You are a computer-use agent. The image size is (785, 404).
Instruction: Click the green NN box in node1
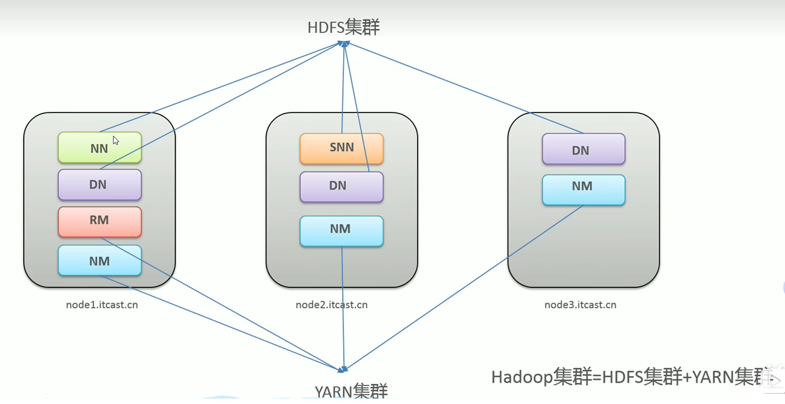(x=100, y=148)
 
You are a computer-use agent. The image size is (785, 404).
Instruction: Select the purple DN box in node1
(x=100, y=185)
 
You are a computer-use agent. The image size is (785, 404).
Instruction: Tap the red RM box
(x=100, y=222)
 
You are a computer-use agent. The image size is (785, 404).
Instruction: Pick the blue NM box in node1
(x=100, y=261)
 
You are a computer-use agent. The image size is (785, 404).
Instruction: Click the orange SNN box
(x=341, y=149)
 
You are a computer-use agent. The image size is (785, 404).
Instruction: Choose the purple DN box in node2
(x=341, y=187)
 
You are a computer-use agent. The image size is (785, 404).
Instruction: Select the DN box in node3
(x=583, y=149)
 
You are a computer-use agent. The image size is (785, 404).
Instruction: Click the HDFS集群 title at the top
(x=344, y=27)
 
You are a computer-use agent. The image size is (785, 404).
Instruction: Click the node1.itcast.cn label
(x=102, y=305)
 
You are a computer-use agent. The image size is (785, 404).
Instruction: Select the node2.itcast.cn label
(x=331, y=305)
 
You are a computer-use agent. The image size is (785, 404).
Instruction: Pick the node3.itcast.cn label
(x=580, y=305)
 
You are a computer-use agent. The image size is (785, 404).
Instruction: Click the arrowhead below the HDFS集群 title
(x=344, y=44)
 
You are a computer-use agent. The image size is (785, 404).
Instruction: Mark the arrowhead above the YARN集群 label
(x=344, y=368)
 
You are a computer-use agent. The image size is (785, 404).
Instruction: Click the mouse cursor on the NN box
(x=115, y=140)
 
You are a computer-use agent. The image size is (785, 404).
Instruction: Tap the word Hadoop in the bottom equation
(x=522, y=377)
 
